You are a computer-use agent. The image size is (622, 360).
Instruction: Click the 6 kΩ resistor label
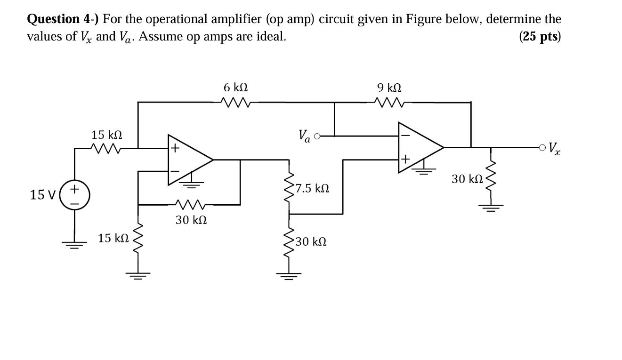[235, 88]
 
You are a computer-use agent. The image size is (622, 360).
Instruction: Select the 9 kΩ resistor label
[389, 88]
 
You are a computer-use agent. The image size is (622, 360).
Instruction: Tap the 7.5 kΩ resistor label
[311, 189]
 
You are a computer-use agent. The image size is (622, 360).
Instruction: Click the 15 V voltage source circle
[74, 193]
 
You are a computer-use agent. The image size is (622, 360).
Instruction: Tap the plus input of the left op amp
[175, 149]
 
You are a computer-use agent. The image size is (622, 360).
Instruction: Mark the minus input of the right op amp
[405, 135]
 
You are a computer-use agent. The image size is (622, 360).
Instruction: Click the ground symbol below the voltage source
[74, 243]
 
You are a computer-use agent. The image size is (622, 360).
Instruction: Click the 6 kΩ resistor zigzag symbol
[235, 102]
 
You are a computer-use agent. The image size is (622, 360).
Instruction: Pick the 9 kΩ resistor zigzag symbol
[389, 102]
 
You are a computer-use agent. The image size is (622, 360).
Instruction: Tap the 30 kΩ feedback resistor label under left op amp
[191, 220]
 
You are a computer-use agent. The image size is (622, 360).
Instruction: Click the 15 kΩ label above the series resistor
[106, 135]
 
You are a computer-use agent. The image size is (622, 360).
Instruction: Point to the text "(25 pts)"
[540, 37]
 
